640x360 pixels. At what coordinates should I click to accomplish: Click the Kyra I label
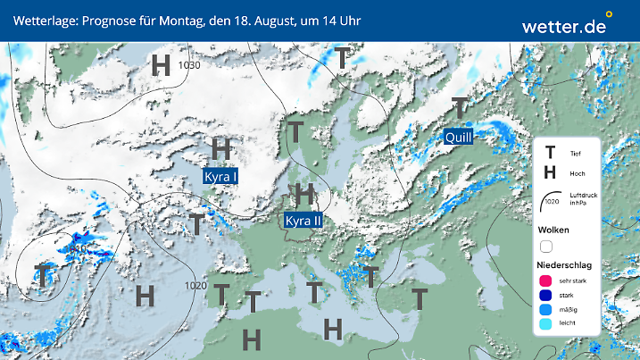[x=220, y=177]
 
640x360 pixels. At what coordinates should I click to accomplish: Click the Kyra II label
[x=303, y=220]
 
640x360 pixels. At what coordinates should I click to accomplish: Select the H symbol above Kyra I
[x=221, y=148]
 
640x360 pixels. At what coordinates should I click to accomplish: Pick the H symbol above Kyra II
[x=304, y=193]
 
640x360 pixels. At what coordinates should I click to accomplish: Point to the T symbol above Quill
[x=460, y=108]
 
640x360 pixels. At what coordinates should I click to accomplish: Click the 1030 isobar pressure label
[x=189, y=65]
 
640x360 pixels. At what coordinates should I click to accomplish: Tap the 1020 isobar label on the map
[x=196, y=286]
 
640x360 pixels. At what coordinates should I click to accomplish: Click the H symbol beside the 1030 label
[x=161, y=64]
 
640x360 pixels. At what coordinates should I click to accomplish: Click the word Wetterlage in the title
[x=41, y=20]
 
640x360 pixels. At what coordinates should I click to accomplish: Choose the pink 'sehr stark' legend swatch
[x=546, y=281]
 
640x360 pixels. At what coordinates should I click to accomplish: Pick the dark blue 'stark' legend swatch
[x=546, y=296]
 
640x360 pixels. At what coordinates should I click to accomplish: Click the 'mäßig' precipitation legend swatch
[x=546, y=310]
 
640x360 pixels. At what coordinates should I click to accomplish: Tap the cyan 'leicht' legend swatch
[x=546, y=325]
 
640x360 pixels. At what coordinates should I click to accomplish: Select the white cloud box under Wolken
[x=546, y=246]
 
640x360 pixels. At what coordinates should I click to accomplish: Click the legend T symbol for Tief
[x=550, y=154]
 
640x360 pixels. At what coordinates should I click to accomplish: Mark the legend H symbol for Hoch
[x=550, y=172]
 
